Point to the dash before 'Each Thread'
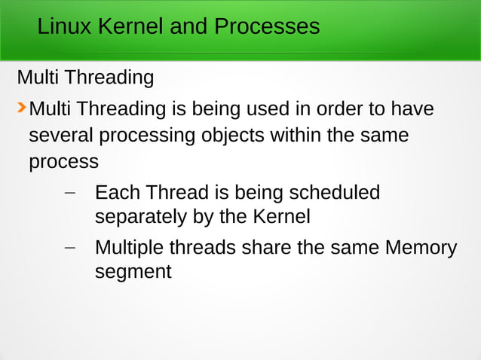click(70, 194)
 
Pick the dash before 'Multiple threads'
click(70, 248)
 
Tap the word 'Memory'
click(421, 247)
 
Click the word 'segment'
click(133, 272)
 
